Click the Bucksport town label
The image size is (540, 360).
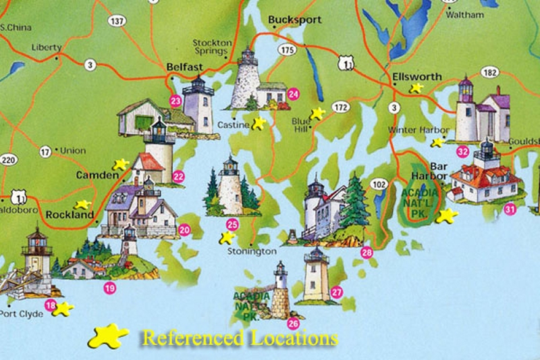(294, 20)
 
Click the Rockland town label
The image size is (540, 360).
(69, 215)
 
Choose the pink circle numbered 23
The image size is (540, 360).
(175, 102)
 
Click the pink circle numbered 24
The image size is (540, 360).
(293, 94)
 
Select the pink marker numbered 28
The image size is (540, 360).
(367, 253)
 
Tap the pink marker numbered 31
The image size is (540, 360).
(510, 209)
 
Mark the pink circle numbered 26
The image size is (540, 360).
(293, 323)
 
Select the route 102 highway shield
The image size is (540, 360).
(379, 184)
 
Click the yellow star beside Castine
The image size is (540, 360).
(259, 123)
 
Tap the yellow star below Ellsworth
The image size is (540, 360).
(417, 88)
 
